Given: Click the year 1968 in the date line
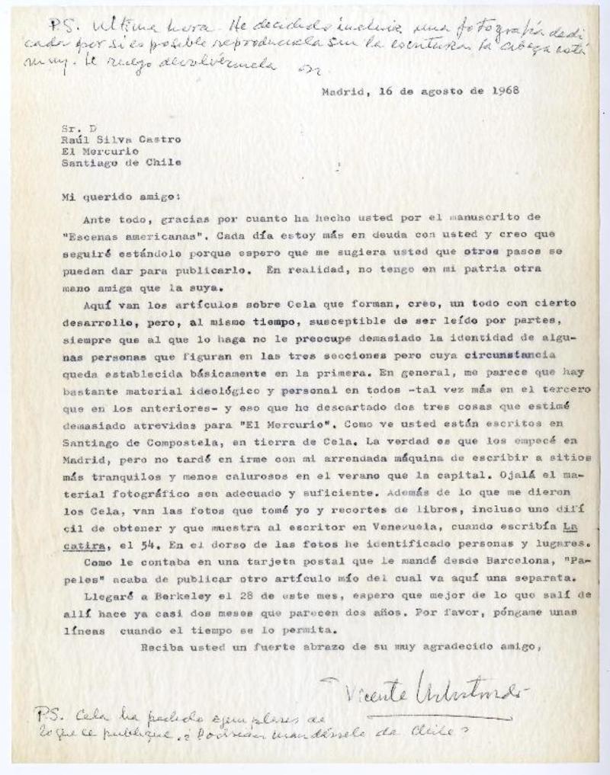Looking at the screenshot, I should pos(503,89).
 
